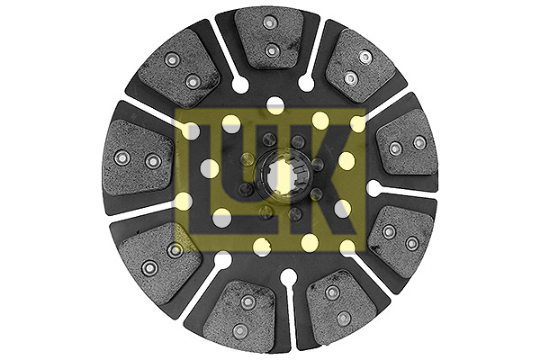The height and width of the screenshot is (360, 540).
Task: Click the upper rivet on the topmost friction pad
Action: (270, 22)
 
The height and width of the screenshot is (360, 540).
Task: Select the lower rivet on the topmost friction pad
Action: (272, 51)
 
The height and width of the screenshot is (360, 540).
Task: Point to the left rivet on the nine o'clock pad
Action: (121, 158)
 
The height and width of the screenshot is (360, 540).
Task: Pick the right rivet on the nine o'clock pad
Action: (153, 161)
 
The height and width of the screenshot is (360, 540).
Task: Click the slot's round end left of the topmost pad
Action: (240, 83)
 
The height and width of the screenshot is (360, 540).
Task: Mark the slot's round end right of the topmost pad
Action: (306, 83)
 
